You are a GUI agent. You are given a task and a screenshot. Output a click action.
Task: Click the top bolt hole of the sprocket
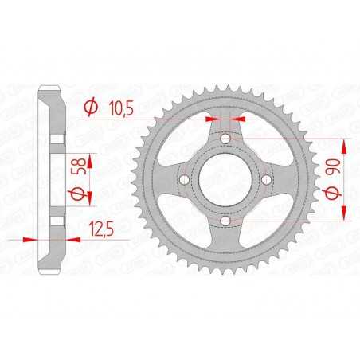pos(225,140)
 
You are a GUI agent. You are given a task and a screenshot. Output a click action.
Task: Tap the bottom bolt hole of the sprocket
pos(225,218)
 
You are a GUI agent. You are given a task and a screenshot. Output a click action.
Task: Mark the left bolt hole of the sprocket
pos(186,179)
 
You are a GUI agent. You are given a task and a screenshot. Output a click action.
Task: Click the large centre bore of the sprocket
pos(225,179)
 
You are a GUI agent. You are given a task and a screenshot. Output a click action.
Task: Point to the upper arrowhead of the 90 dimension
pos(345,144)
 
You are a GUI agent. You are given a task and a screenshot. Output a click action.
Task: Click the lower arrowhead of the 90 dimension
pos(345,213)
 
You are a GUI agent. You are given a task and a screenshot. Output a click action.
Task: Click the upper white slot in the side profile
pos(56,139)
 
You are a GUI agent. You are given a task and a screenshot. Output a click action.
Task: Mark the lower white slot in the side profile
pos(56,220)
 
